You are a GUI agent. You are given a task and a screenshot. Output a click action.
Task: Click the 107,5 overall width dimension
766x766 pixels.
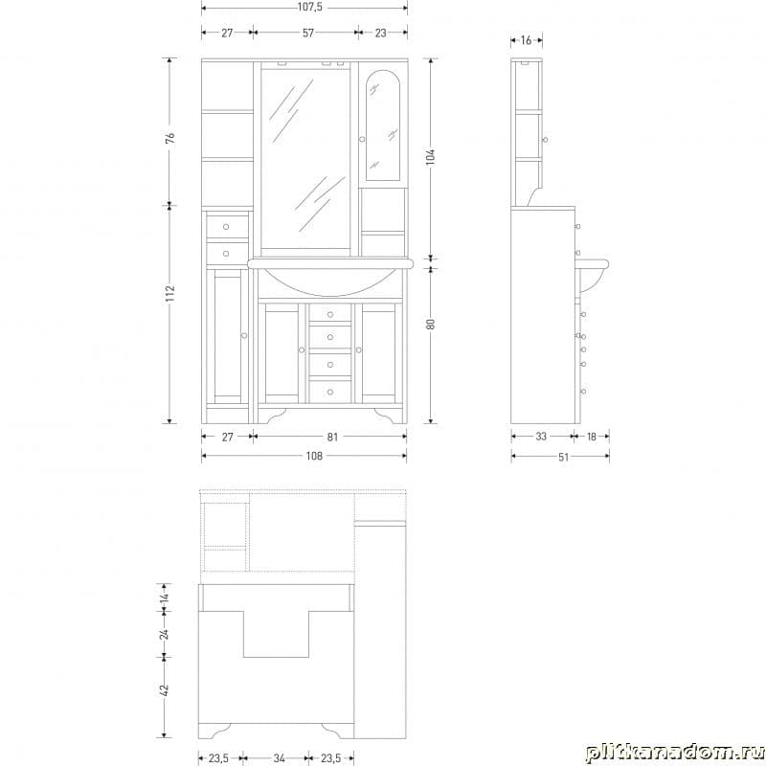[309, 8]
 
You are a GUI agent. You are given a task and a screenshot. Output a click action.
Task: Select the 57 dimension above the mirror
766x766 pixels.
[307, 33]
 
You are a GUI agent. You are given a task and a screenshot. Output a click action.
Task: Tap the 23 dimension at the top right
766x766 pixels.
[380, 33]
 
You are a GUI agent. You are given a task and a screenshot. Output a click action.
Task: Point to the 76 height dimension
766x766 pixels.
[170, 137]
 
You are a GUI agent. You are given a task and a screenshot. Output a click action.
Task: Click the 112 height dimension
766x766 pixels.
[170, 293]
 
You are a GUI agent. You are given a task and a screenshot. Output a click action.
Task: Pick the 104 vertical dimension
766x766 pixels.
[430, 157]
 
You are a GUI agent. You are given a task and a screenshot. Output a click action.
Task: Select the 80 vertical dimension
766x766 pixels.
[430, 324]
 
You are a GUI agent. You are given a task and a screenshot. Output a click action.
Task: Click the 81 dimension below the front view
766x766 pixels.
[332, 437]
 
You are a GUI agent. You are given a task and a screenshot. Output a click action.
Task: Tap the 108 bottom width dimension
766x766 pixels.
[314, 456]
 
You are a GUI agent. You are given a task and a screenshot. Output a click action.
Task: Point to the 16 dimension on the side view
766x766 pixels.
[526, 40]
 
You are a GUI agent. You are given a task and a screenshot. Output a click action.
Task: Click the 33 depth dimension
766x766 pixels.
[541, 437]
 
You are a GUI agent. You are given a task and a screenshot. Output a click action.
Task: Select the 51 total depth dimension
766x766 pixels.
[563, 457]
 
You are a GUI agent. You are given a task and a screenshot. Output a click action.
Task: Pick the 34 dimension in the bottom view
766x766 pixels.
[279, 758]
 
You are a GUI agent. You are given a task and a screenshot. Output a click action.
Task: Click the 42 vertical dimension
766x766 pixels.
[164, 689]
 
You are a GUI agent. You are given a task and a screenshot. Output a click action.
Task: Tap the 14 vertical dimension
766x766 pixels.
[164, 597]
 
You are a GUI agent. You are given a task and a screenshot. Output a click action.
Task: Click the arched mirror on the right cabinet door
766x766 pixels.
[382, 125]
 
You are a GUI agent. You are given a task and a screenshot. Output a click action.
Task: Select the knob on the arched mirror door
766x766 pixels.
[362, 139]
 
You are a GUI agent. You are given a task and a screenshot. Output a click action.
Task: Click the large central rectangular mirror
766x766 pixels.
[305, 159]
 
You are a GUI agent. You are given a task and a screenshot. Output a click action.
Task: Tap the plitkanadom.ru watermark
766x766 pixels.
[674, 754]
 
